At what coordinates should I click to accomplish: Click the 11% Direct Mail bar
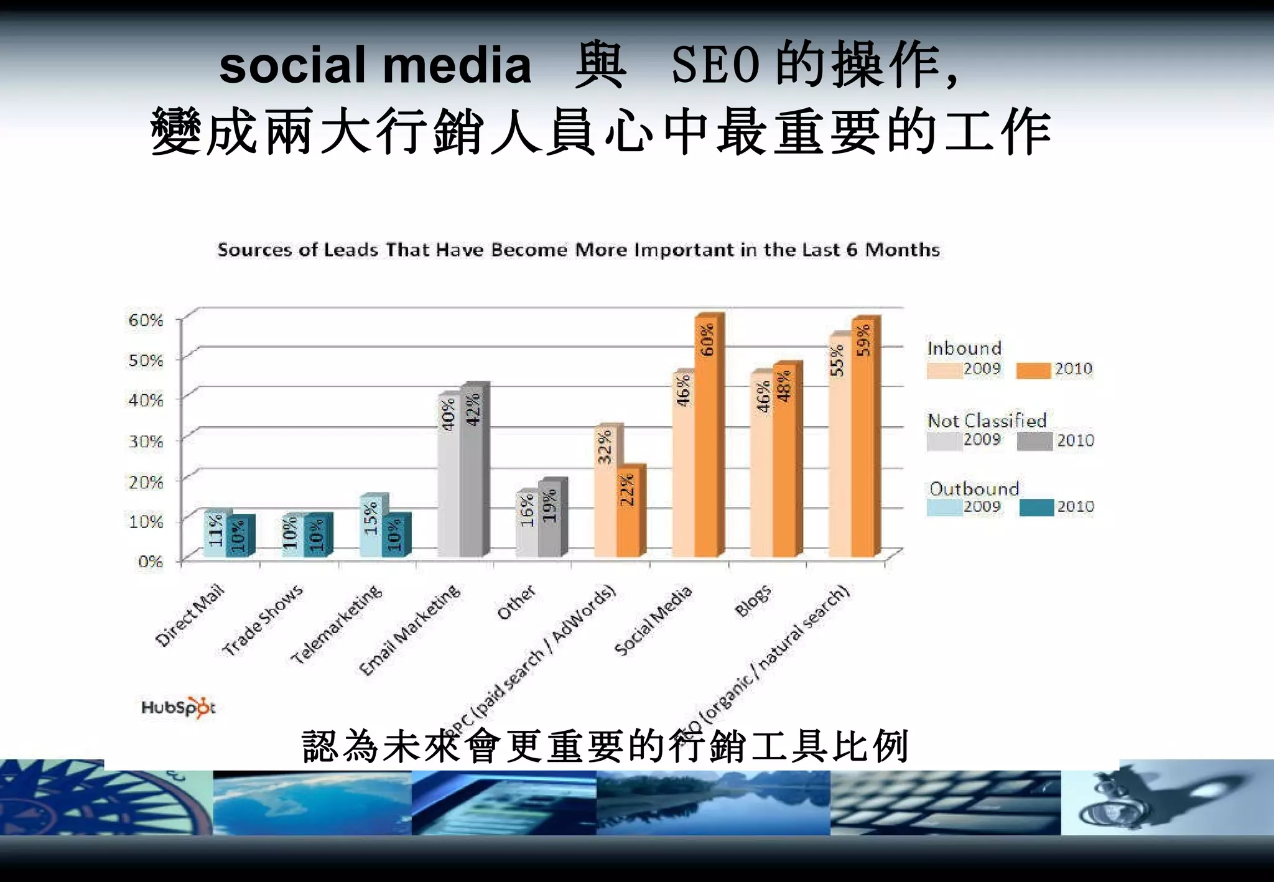pyautogui.click(x=215, y=534)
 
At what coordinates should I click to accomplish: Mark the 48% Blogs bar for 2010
pyautogui.click(x=784, y=460)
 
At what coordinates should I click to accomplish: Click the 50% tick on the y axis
pyautogui.click(x=146, y=360)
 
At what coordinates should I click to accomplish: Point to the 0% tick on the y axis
pyautogui.click(x=151, y=562)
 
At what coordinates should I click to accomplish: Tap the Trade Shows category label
pyautogui.click(x=263, y=620)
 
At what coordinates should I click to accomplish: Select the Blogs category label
pyautogui.click(x=753, y=601)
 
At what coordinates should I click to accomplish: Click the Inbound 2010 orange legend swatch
pyautogui.click(x=1033, y=371)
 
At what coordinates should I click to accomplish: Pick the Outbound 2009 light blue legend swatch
pyautogui.click(x=944, y=508)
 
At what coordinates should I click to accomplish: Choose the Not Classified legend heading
pyautogui.click(x=987, y=420)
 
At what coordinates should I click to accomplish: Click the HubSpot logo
pyautogui.click(x=178, y=708)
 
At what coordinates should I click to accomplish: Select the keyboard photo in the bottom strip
pyautogui.click(x=946, y=802)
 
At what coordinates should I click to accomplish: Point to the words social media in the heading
pyautogui.click(x=375, y=65)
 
